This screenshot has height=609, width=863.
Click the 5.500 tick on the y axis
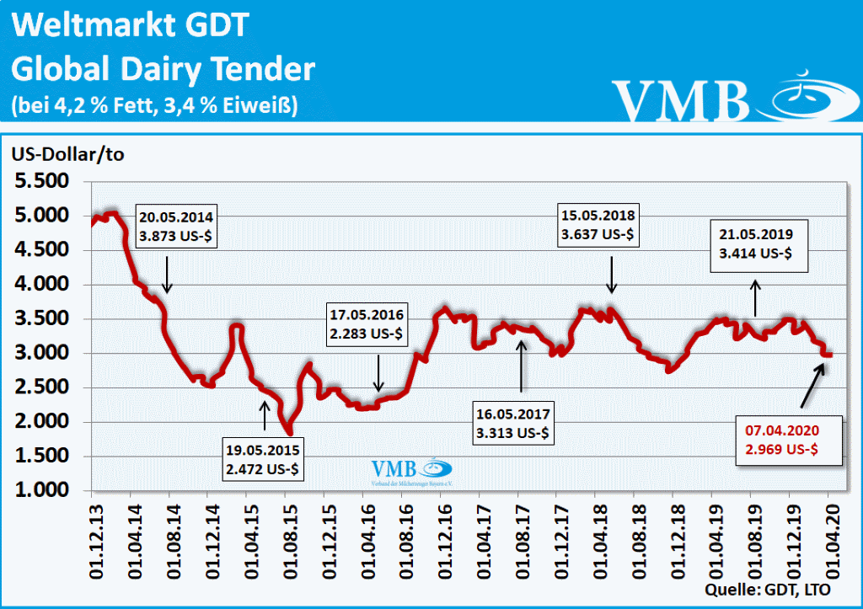click(x=44, y=182)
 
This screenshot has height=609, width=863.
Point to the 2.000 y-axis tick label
click(x=44, y=422)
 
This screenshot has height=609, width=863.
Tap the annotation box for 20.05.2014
click(x=179, y=225)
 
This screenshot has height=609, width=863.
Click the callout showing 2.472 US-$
click(x=265, y=457)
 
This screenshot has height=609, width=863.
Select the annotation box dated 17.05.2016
click(x=367, y=324)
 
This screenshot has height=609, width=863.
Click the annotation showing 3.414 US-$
click(x=759, y=244)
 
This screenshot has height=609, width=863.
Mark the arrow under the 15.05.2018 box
click(x=613, y=276)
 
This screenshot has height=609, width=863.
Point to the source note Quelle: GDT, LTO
click(x=770, y=588)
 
